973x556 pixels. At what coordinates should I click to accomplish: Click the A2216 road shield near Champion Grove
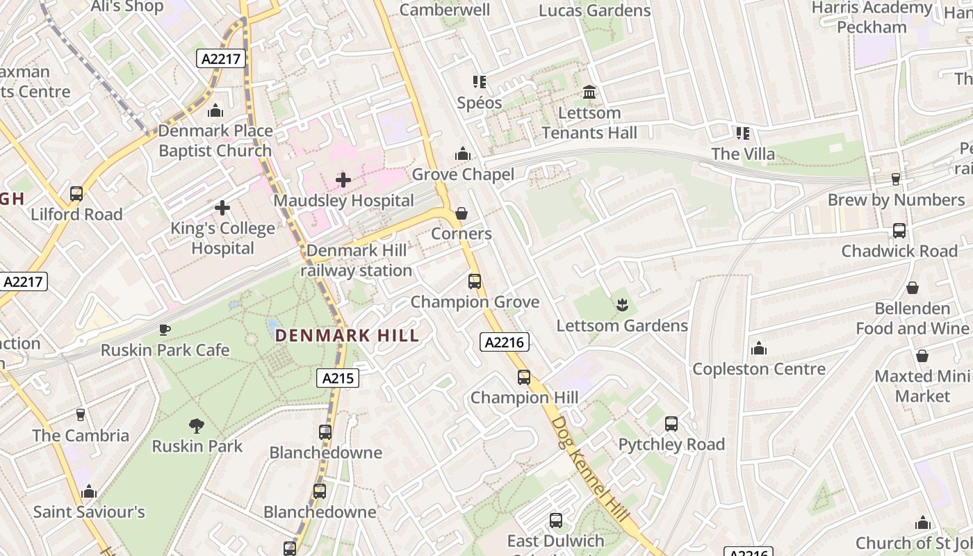[x=505, y=342]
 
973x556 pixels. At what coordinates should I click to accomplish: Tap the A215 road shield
[x=338, y=378]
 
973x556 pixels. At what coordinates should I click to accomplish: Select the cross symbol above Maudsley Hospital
[x=343, y=181]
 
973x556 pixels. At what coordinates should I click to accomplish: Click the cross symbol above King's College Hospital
[x=222, y=207]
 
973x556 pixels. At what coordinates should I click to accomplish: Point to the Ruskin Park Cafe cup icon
[x=164, y=329]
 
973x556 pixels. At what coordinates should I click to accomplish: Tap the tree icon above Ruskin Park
[x=197, y=425]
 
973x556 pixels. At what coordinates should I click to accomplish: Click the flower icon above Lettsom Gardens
[x=622, y=304]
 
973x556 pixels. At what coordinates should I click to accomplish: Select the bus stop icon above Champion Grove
[x=475, y=281]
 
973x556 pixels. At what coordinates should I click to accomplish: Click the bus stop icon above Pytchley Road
[x=671, y=423]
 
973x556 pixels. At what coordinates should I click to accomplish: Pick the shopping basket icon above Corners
[x=461, y=213]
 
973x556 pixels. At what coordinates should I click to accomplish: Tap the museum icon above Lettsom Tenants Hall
[x=589, y=92]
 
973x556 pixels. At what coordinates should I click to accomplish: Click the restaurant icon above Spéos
[x=479, y=82]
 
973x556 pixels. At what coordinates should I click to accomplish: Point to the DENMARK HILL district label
[x=347, y=336]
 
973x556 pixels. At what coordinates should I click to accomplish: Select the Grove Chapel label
[x=463, y=174]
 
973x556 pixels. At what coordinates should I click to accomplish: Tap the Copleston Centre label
[x=759, y=369]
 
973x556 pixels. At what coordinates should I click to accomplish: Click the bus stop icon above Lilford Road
[x=76, y=194]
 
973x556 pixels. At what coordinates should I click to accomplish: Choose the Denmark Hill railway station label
[x=357, y=261]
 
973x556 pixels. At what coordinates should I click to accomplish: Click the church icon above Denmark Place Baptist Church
[x=215, y=111]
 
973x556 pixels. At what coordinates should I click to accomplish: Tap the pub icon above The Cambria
[x=81, y=415]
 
